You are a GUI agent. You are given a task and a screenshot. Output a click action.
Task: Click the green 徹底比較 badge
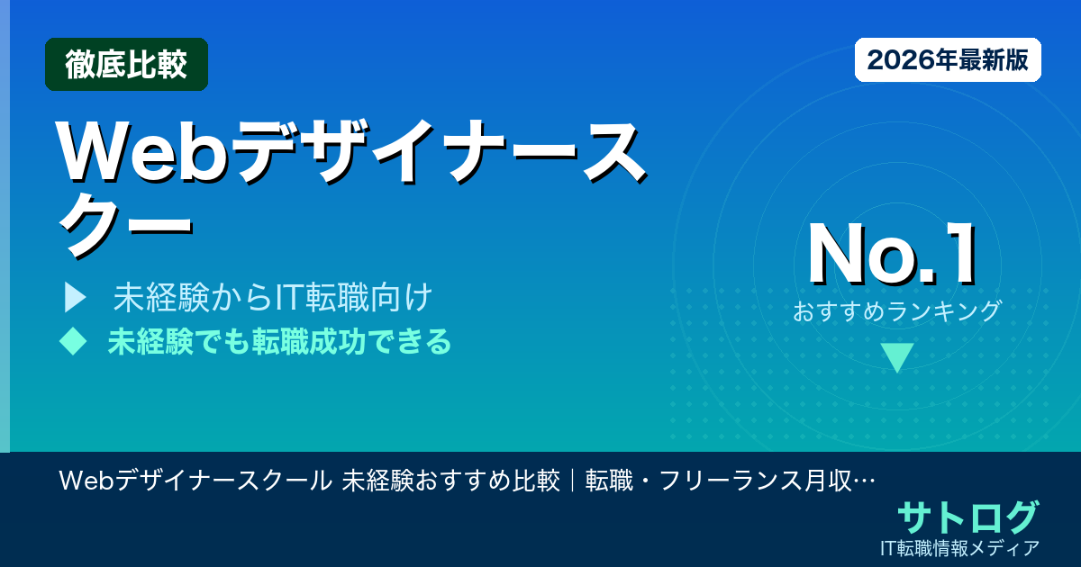(126, 64)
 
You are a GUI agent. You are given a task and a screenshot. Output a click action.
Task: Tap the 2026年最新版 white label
(948, 60)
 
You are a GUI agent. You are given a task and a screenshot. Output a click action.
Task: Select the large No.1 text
(893, 255)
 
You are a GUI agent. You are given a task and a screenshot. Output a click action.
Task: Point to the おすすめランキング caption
(897, 311)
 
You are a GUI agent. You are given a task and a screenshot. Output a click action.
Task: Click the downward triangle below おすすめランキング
(897, 357)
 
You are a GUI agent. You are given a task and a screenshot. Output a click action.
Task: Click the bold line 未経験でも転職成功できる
(279, 341)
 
